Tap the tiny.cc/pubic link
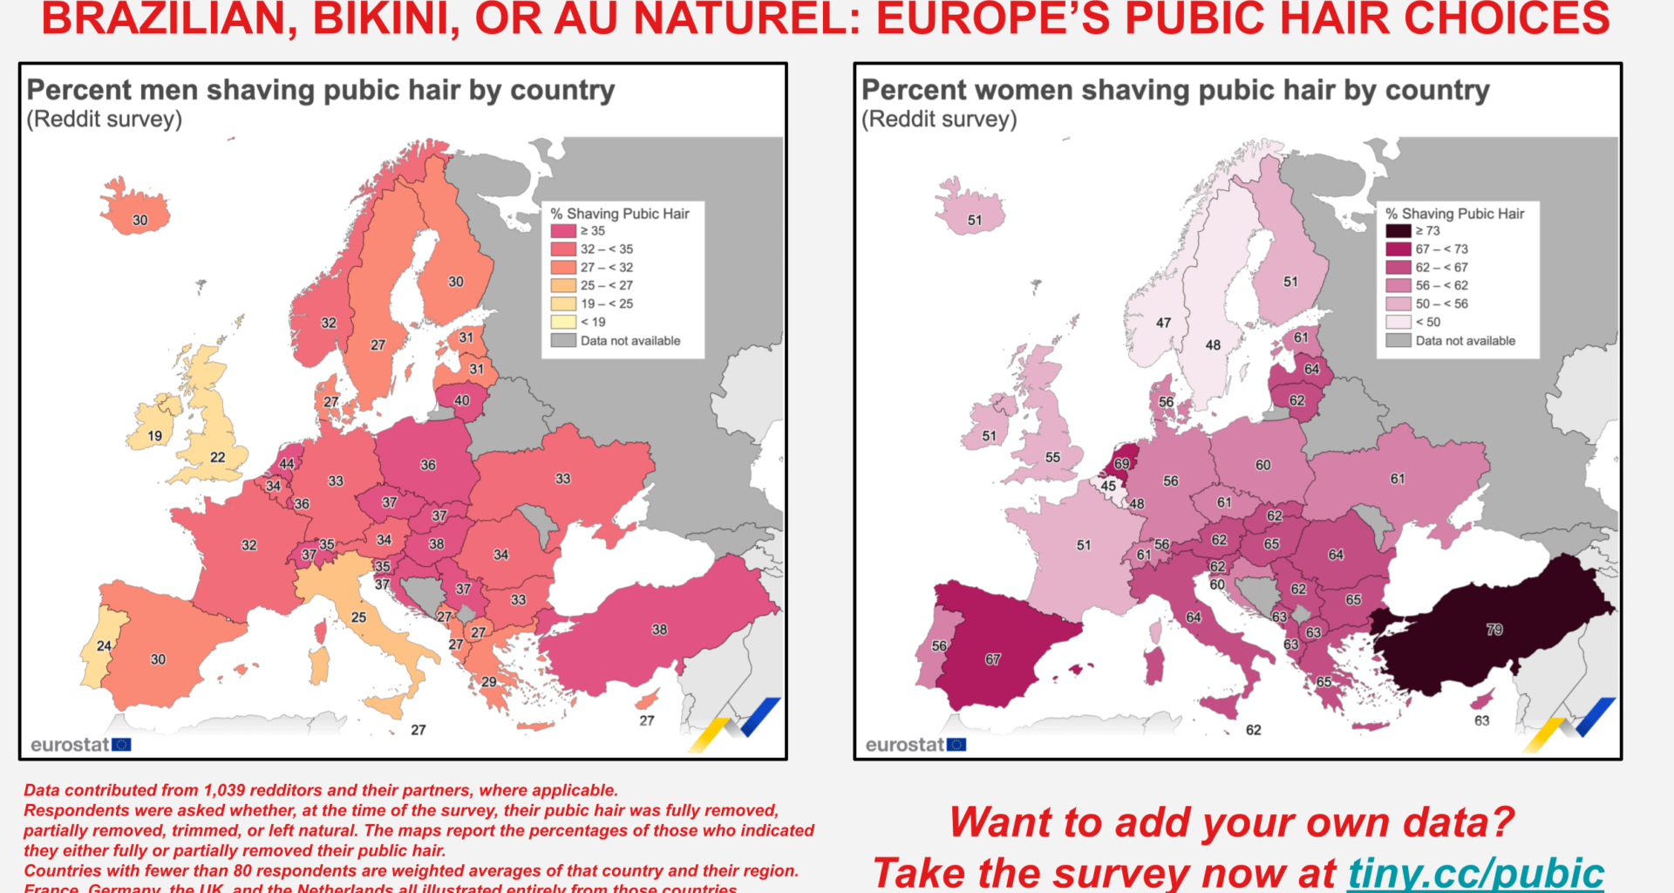1475,873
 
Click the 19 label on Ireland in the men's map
154,436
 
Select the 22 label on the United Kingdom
217,457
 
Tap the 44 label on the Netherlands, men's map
286,464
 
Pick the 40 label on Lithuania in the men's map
461,401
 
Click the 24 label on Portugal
104,646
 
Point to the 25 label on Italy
358,617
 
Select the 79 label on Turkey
1494,630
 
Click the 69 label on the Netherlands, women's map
1121,464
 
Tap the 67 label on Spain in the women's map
993,659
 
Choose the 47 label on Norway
1163,323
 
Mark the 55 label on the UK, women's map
1052,457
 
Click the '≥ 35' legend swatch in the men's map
563,231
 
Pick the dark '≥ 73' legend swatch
1398,231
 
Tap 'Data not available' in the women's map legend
1465,341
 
